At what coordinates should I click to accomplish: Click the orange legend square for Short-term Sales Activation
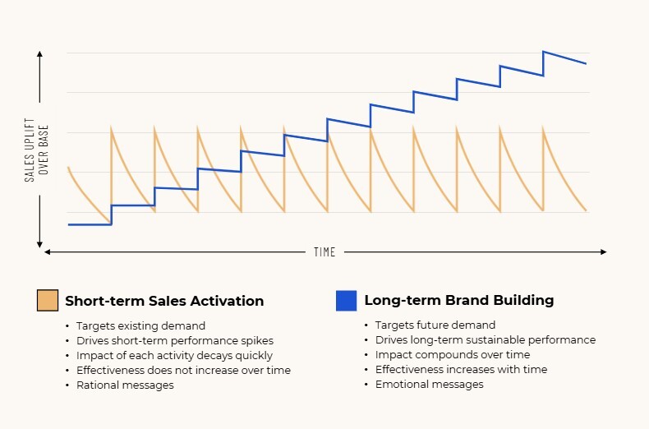tap(48, 301)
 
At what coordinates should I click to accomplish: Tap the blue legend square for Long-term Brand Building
tap(346, 301)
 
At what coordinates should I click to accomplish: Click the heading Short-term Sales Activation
tap(164, 301)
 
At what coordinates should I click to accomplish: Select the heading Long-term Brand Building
tap(458, 301)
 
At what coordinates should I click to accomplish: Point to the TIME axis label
tap(324, 252)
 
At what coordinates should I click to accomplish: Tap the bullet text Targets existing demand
tap(140, 325)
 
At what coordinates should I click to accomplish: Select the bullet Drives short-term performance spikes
tap(174, 340)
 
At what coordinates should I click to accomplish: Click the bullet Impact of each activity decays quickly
tap(174, 355)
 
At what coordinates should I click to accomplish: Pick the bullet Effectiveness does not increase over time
tap(183, 370)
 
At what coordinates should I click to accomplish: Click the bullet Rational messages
tap(125, 385)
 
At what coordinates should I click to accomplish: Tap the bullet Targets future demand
tap(435, 325)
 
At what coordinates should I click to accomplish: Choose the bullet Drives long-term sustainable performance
tap(486, 340)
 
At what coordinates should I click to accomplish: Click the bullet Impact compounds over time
tap(453, 355)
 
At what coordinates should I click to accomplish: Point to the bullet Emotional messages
tap(430, 385)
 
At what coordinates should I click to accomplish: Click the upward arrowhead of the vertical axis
tap(39, 53)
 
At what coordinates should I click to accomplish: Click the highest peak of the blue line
tap(543, 52)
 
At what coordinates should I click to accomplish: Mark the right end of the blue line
tap(586, 63)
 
